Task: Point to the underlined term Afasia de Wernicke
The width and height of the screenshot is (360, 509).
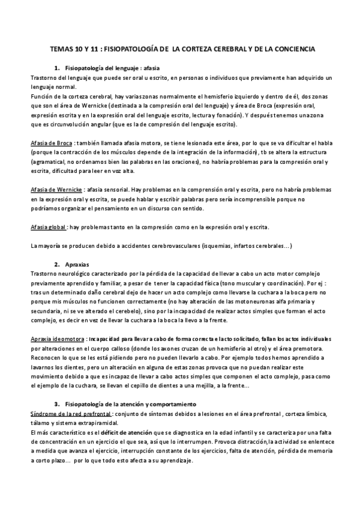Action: (56, 188)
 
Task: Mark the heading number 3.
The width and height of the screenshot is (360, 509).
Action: (56, 404)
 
